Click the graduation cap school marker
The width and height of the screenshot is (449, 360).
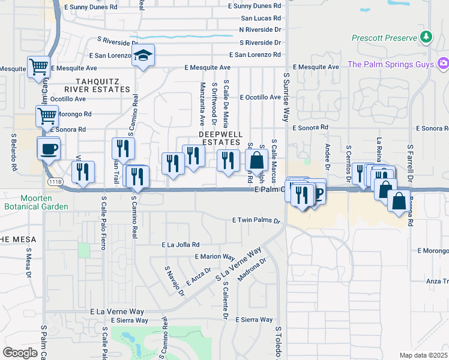point(143,56)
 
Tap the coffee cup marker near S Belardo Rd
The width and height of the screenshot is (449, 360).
point(49,148)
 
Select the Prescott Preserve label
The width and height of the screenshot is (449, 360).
point(384,38)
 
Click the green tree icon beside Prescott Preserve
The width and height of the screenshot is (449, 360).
point(426,37)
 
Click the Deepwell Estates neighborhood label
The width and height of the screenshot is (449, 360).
point(221,138)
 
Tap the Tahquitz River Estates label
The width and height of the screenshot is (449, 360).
point(103,85)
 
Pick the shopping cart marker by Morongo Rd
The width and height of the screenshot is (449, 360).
point(47,114)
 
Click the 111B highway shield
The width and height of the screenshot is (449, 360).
point(53,181)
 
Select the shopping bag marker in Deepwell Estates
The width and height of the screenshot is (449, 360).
point(256,161)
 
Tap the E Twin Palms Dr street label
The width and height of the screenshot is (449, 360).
point(256,221)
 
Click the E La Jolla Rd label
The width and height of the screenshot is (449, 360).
point(180,245)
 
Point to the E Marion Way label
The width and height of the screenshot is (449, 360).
point(210,257)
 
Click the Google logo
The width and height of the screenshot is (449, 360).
point(20,353)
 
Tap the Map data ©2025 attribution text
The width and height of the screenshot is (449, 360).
point(423,355)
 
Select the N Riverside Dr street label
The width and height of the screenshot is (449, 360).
point(260,29)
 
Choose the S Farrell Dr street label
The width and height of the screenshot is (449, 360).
point(410,162)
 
